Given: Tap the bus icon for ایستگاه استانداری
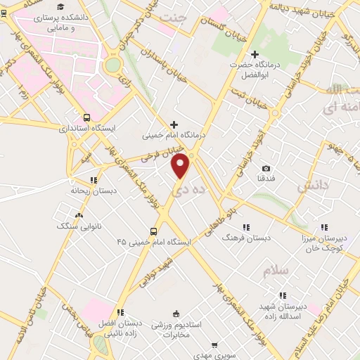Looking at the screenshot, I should point(86,118).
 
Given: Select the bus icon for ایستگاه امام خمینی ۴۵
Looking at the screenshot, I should point(153,231).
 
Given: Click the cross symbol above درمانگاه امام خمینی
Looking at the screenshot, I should point(174,124).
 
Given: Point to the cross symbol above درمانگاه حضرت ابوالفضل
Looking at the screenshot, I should point(255,54).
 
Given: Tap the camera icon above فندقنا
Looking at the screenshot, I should point(266,168).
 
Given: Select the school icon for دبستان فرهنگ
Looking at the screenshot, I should point(246,227).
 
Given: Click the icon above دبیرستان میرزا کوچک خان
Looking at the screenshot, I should point(324,227).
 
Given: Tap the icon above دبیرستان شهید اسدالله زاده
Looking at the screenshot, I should point(282,296).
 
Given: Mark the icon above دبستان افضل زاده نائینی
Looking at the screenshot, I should point(120,312).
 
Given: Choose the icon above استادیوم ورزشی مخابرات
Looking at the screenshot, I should point(176,314).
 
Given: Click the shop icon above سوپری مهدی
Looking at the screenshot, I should point(217,345).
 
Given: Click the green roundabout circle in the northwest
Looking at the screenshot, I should point(112,65).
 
